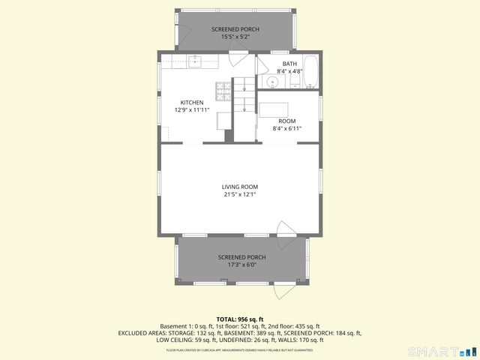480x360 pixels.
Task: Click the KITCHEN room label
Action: (191, 103)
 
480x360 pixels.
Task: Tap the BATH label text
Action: (289, 64)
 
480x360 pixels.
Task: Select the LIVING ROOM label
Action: (239, 187)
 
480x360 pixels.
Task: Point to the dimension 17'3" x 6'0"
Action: (241, 265)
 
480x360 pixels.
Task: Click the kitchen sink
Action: (194, 61)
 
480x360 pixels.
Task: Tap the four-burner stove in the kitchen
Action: (223, 91)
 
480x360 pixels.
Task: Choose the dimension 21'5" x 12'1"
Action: (239, 194)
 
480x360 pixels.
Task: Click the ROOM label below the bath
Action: (286, 121)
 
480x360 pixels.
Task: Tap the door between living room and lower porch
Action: (286, 229)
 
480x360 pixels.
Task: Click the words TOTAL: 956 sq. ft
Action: (239, 319)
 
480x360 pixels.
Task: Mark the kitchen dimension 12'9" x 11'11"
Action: (191, 110)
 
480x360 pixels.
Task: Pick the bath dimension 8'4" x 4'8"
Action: (289, 71)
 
